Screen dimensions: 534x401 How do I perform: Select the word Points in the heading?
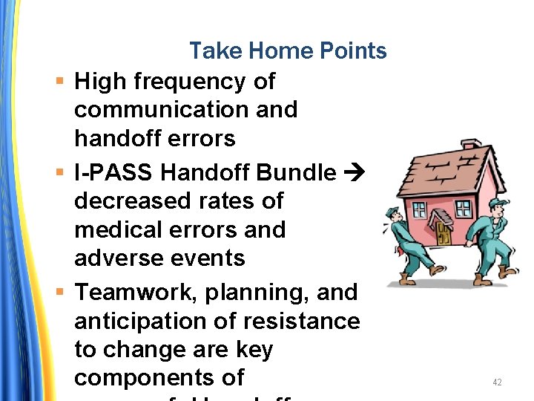pos(354,50)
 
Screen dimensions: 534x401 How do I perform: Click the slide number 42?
pos(497,382)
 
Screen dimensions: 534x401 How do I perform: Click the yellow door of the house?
pos(444,234)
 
